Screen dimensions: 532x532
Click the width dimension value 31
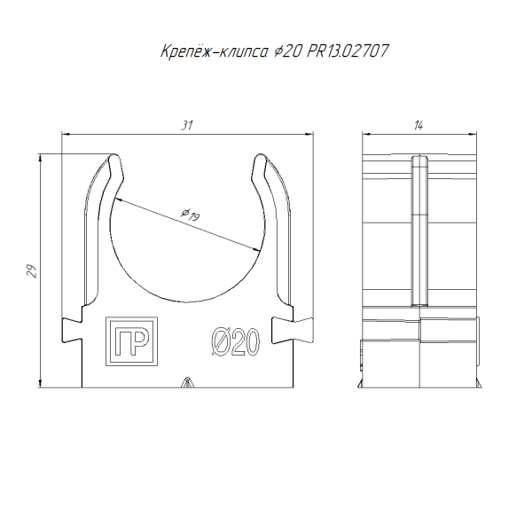click(186, 126)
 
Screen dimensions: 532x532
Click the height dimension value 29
click(32, 271)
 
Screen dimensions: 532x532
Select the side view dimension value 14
click(419, 126)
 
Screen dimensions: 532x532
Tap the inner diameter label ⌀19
click(191, 215)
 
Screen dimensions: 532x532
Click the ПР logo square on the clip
click(131, 341)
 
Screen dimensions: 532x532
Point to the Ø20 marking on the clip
click(236, 342)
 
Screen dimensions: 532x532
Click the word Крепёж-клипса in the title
click(214, 51)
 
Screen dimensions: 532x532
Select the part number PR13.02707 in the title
click(348, 51)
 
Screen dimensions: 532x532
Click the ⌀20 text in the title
click(287, 51)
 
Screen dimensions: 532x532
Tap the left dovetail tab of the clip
click(72, 330)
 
